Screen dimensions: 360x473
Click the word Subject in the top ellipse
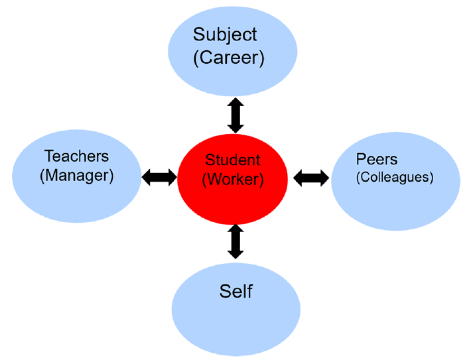(225, 34)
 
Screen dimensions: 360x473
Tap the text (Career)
(229, 58)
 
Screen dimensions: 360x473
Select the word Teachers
(76, 157)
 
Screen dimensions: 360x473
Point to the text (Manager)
(76, 176)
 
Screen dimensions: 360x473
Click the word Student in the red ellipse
(233, 160)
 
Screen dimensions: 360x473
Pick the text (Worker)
(233, 180)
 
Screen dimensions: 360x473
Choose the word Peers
(377, 160)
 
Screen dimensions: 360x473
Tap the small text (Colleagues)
(394, 178)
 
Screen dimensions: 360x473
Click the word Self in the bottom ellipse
(236, 292)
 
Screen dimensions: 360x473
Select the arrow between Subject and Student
(236, 115)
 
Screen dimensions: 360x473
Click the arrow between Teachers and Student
(159, 177)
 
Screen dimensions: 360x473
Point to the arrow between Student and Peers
(310, 177)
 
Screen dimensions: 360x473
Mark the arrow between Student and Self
(236, 241)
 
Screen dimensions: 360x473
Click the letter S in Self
(224, 292)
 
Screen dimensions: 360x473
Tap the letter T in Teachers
(48, 157)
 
